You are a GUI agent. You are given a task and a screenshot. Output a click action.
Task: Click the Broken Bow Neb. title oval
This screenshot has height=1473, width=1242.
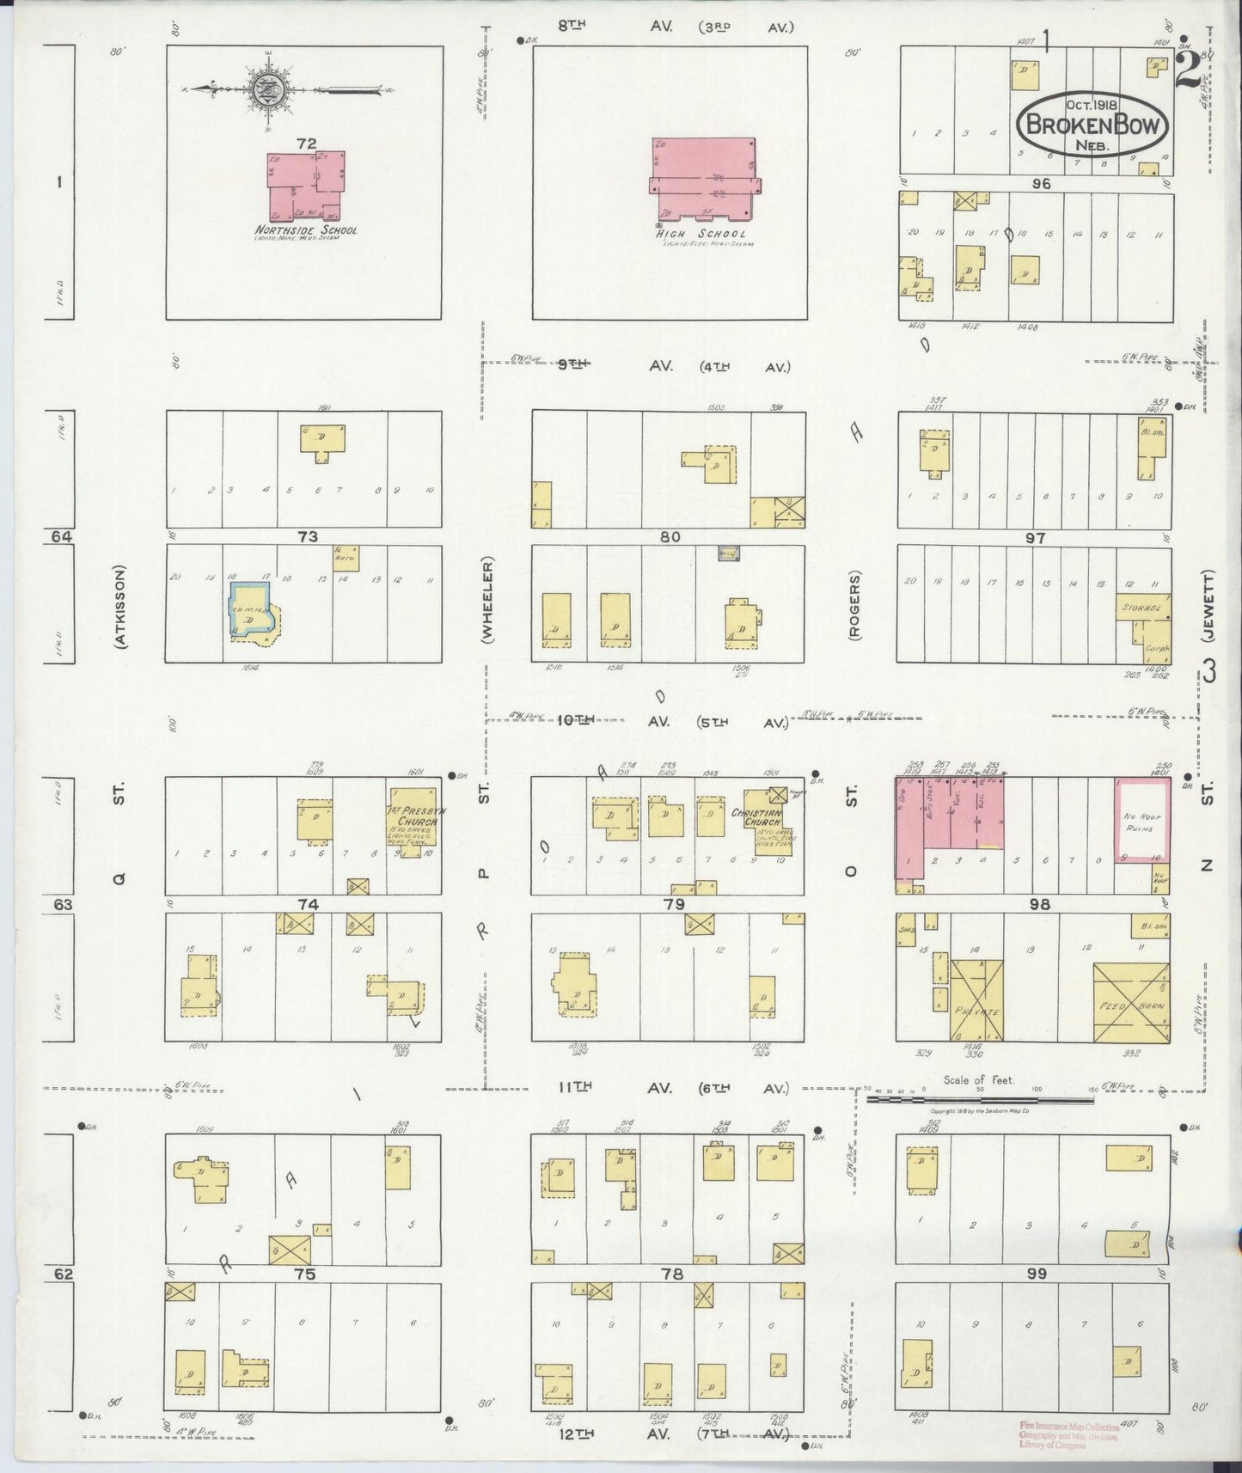[x=1092, y=125]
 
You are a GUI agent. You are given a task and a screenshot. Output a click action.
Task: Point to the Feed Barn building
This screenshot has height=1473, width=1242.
[x=1130, y=1004]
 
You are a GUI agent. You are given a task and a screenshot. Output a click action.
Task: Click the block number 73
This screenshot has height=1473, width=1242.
[x=308, y=536]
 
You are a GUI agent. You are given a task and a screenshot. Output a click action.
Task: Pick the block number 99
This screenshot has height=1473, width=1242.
[x=1037, y=1274]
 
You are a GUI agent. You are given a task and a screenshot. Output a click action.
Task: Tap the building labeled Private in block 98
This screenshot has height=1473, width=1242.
[x=976, y=1001]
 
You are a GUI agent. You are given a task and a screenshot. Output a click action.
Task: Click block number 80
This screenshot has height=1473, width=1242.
[x=670, y=536]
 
